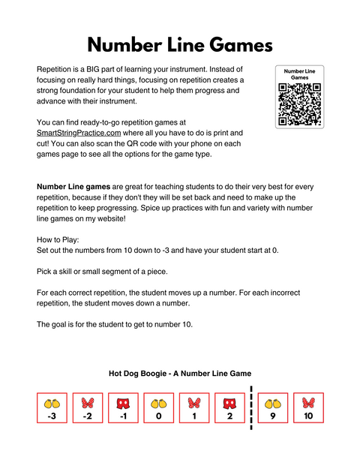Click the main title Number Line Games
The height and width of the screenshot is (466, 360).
pos(180,44)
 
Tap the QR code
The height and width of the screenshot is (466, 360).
pos(299,104)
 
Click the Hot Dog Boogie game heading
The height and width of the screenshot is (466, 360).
pos(180,373)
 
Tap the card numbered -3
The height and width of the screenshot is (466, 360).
pos(52,408)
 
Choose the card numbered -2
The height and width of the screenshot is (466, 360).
pos(87,408)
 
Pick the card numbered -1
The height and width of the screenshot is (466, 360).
pos(123,408)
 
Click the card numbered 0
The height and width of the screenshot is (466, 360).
pos(158,408)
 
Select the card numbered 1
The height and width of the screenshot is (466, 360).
pos(194,408)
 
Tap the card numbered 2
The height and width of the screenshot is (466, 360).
pos(229,408)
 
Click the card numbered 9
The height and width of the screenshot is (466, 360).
pos(273,408)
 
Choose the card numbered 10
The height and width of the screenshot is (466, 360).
pos(308,408)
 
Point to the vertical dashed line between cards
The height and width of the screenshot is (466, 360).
pos(250,408)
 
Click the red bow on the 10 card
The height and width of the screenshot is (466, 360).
pos(308,402)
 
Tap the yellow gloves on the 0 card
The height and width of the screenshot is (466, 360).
pos(158,402)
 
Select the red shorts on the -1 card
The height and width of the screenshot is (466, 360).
pos(123,402)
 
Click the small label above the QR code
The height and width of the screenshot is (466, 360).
pos(299,74)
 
